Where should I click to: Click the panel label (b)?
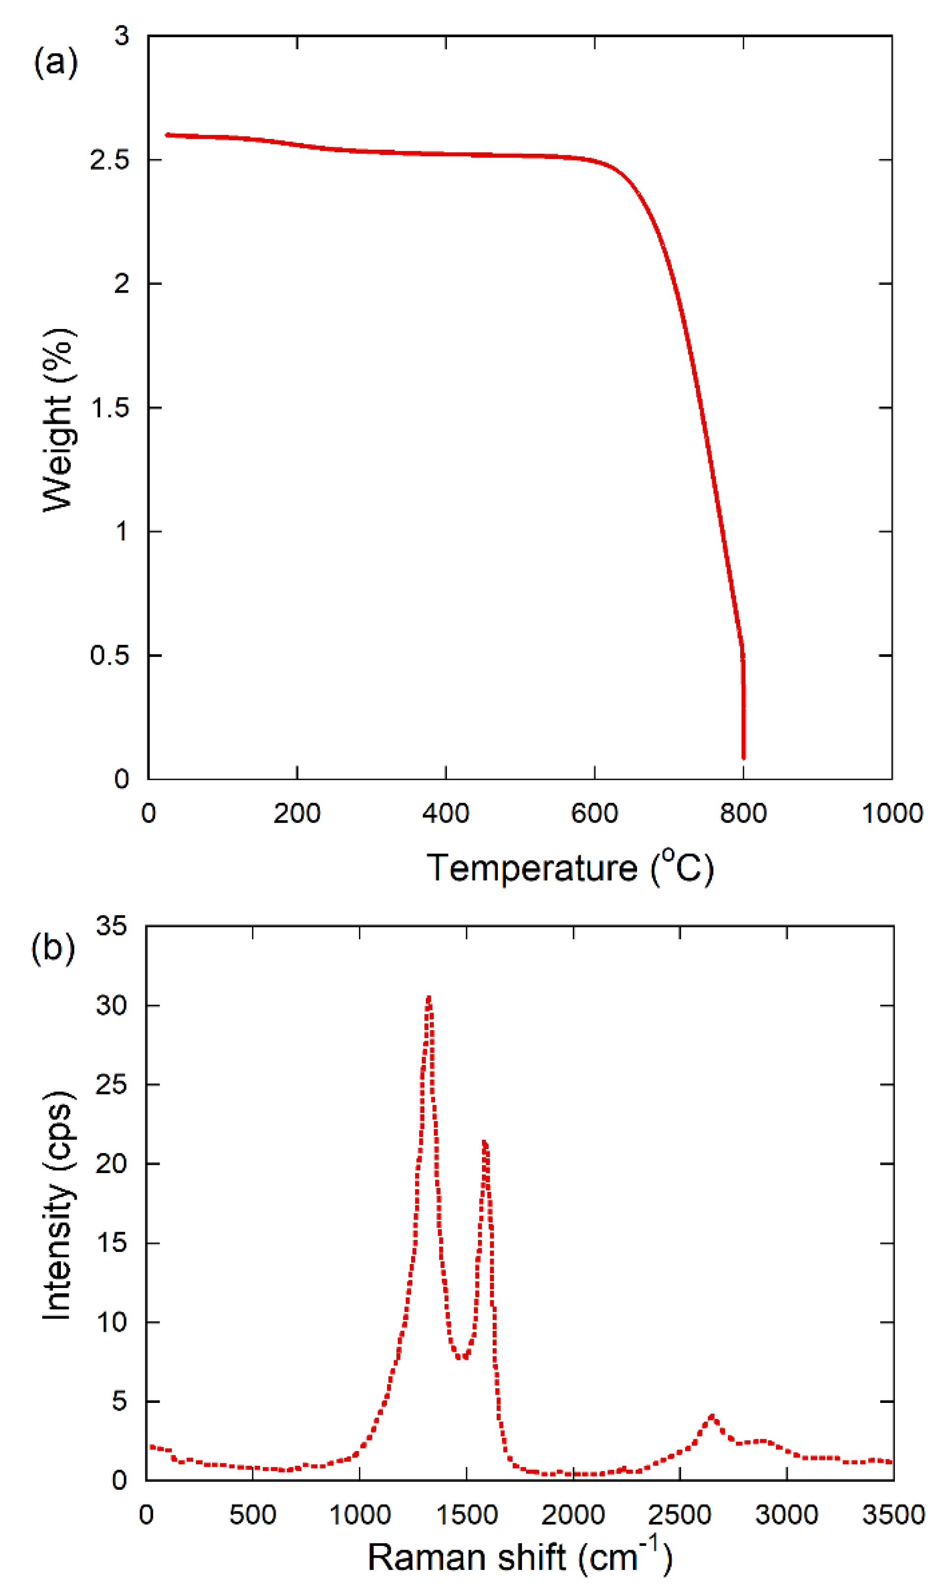pos(53,948)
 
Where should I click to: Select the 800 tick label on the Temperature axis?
pos(743,813)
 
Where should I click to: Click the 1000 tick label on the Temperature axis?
pos(891,813)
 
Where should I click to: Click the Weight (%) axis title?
pos(58,420)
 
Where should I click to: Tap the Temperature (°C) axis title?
pos(569,869)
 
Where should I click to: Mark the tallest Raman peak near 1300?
pos(429,998)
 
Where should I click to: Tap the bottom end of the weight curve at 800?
pos(743,757)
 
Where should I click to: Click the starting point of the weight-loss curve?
pos(167,135)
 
